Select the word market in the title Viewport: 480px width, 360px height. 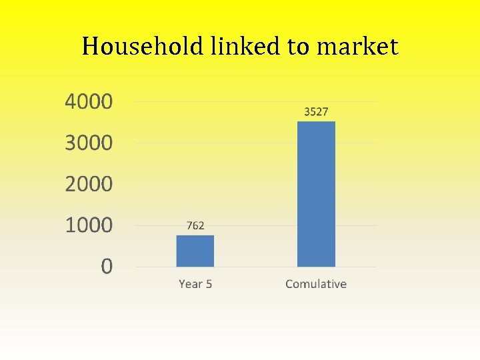click(x=357, y=47)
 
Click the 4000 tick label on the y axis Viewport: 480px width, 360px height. click(x=89, y=103)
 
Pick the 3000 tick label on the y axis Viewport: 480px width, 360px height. click(x=89, y=143)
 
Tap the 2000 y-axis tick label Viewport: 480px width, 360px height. click(x=89, y=184)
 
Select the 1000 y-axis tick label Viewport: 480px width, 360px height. click(x=89, y=225)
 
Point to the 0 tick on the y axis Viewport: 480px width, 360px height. click(x=107, y=267)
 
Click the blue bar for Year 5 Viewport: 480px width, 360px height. click(x=195, y=251)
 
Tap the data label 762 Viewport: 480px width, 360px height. click(x=195, y=226)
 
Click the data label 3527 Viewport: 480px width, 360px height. click(x=316, y=112)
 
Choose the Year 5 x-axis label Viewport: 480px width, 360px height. click(x=195, y=284)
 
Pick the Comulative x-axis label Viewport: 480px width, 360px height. click(x=316, y=284)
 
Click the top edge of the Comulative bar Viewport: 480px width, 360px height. click(x=316, y=122)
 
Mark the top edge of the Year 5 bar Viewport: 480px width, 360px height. click(x=195, y=236)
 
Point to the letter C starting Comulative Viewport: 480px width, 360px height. click(x=289, y=284)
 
